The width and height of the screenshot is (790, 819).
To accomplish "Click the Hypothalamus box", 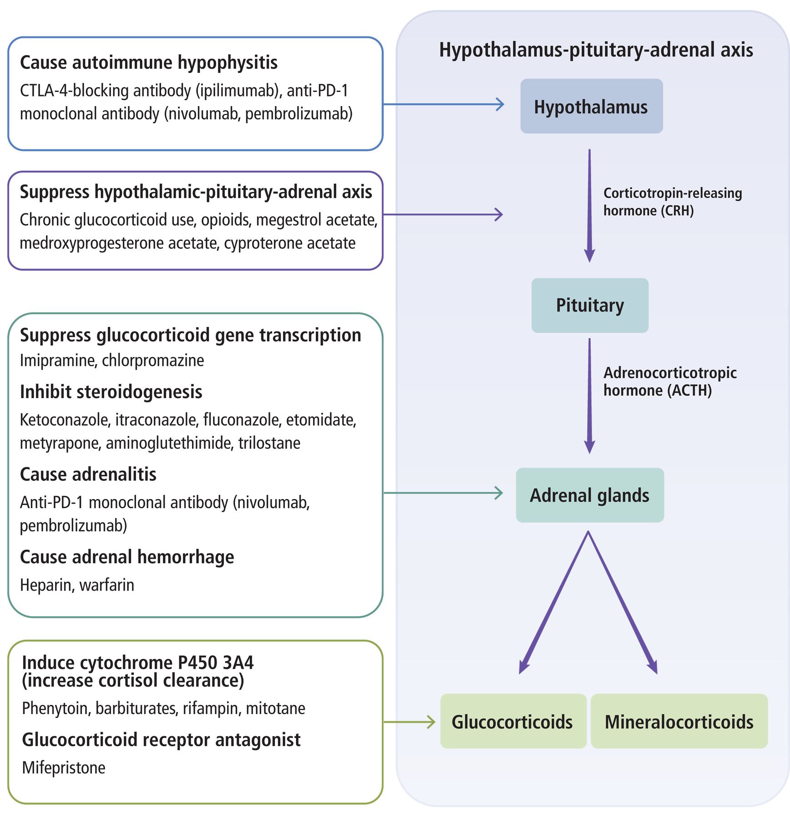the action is (x=592, y=106).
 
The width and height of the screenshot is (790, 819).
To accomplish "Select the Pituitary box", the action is (x=590, y=305).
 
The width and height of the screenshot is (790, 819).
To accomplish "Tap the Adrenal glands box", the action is (x=590, y=495).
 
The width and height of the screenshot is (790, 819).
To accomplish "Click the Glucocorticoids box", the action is (x=513, y=722).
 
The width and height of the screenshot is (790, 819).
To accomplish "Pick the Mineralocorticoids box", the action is (x=679, y=722).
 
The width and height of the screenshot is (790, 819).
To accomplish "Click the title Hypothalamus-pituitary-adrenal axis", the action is (x=596, y=50).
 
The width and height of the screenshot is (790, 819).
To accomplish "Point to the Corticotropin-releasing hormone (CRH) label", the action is (x=673, y=202).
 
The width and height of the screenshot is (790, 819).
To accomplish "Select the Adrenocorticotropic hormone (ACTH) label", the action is (x=670, y=381).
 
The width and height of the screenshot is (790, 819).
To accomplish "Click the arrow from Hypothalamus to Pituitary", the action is (x=589, y=206).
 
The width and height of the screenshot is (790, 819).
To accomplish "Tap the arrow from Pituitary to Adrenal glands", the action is (x=589, y=396).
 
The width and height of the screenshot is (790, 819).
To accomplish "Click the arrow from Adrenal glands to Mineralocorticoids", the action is (x=623, y=602).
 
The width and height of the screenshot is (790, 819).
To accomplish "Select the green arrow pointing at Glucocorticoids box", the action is (x=409, y=722).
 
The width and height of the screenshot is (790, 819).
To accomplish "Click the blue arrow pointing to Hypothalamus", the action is (x=444, y=104).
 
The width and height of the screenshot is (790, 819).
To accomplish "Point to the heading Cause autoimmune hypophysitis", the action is (x=149, y=63).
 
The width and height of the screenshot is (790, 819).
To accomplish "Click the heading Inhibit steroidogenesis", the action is (x=111, y=392).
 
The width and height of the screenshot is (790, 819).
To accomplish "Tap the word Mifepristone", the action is (x=64, y=768).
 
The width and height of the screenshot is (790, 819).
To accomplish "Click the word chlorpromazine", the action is (x=153, y=360).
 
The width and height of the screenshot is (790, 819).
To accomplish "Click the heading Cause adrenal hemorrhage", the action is (x=127, y=557).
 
